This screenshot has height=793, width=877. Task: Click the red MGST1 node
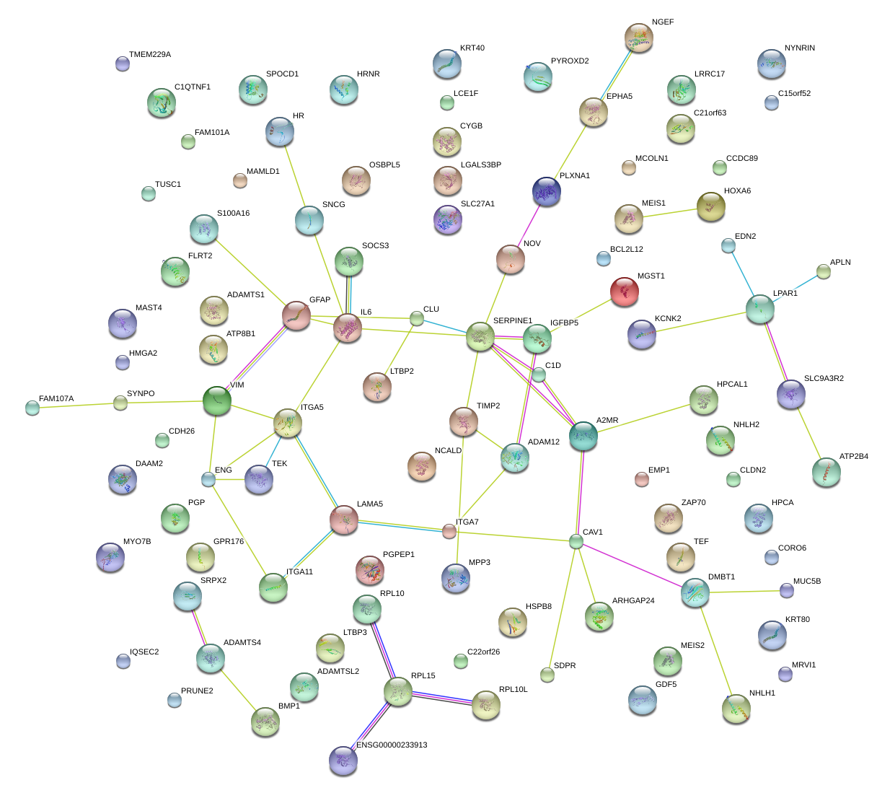click(x=625, y=292)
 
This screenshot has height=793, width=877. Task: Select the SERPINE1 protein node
click(x=480, y=336)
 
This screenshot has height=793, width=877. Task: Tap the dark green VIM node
click(x=216, y=400)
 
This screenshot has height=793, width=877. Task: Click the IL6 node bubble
click(x=348, y=329)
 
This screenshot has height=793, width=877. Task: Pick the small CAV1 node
click(x=576, y=541)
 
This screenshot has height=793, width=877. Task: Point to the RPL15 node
click(x=397, y=691)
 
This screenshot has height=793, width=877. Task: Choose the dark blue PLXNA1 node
click(x=547, y=192)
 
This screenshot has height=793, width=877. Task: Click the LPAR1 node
click(x=759, y=309)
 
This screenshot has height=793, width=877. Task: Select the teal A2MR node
click(x=583, y=436)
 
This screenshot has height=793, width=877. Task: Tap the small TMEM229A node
click(x=123, y=63)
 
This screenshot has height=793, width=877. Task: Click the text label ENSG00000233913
click(x=392, y=745)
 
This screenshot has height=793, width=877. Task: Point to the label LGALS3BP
click(x=480, y=165)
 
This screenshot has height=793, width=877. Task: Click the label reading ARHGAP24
click(x=633, y=601)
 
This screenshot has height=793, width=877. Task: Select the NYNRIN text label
click(x=799, y=48)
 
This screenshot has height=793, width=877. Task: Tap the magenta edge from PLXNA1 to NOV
click(x=529, y=224)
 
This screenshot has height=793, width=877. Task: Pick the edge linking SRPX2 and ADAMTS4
click(x=199, y=626)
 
